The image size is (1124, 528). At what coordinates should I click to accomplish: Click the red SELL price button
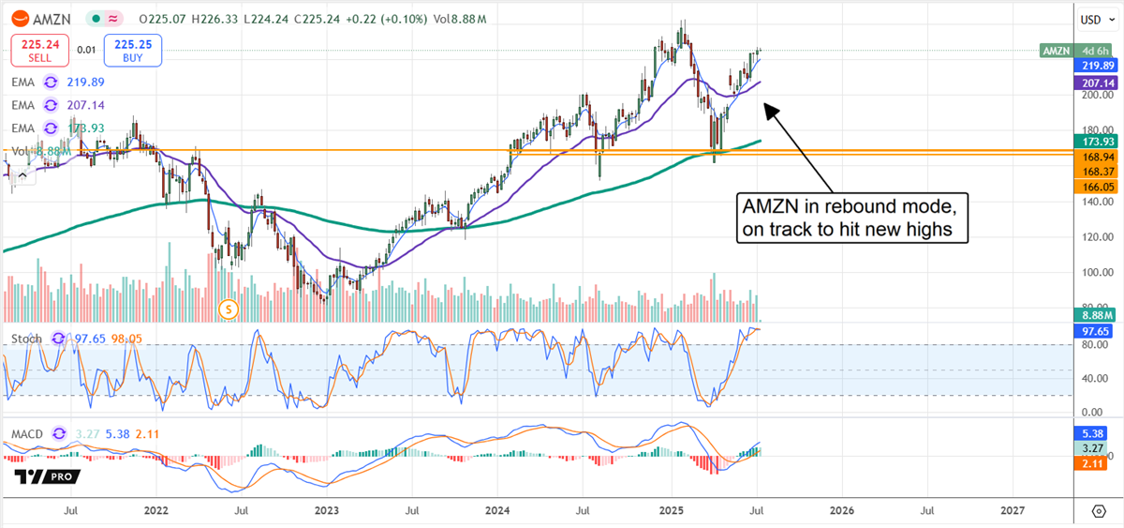click(x=40, y=50)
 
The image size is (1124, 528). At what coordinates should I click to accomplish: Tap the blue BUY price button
click(x=134, y=50)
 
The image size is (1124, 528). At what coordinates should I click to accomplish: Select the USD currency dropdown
click(x=1091, y=19)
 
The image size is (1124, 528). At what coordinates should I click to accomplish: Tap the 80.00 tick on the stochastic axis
click(x=1091, y=345)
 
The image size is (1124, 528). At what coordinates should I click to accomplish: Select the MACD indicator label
click(x=26, y=435)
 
